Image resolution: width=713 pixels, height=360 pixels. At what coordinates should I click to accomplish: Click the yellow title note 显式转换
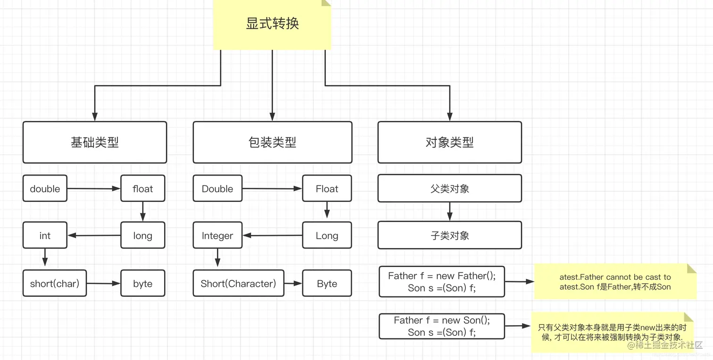click(x=272, y=24)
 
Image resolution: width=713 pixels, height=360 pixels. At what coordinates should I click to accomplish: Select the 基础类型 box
click(x=95, y=142)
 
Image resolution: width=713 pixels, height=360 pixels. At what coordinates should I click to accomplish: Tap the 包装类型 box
click(x=272, y=142)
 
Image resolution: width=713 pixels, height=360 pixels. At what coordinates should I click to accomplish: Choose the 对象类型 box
click(x=449, y=142)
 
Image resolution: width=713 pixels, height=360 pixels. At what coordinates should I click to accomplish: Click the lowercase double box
click(x=45, y=188)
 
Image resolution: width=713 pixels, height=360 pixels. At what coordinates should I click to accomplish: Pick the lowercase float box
click(x=142, y=188)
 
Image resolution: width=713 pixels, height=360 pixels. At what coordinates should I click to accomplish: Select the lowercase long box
click(x=142, y=235)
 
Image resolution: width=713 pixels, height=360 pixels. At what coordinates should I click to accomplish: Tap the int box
click(x=45, y=235)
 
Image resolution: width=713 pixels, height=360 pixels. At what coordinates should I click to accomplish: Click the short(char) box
click(x=55, y=283)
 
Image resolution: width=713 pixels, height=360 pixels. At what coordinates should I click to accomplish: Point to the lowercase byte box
click(x=142, y=283)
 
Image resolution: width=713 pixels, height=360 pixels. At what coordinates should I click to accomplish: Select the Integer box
click(x=217, y=235)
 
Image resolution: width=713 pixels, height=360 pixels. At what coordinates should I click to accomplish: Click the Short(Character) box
click(x=238, y=283)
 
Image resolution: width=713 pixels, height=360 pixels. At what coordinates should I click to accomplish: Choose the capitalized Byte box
click(x=327, y=283)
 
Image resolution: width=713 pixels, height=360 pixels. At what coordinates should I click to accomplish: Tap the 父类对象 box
click(x=449, y=188)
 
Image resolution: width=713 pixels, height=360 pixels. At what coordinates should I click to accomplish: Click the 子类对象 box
click(x=449, y=235)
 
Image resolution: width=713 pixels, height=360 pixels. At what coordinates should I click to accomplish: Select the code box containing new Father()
click(x=441, y=282)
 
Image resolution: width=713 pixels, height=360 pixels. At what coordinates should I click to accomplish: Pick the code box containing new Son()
click(x=441, y=326)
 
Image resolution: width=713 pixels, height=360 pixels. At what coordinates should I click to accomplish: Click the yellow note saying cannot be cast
click(x=615, y=282)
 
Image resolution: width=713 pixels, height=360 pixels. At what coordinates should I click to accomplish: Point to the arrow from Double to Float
click(x=272, y=189)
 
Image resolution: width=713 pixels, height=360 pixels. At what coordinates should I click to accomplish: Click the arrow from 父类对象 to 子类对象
click(x=449, y=211)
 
